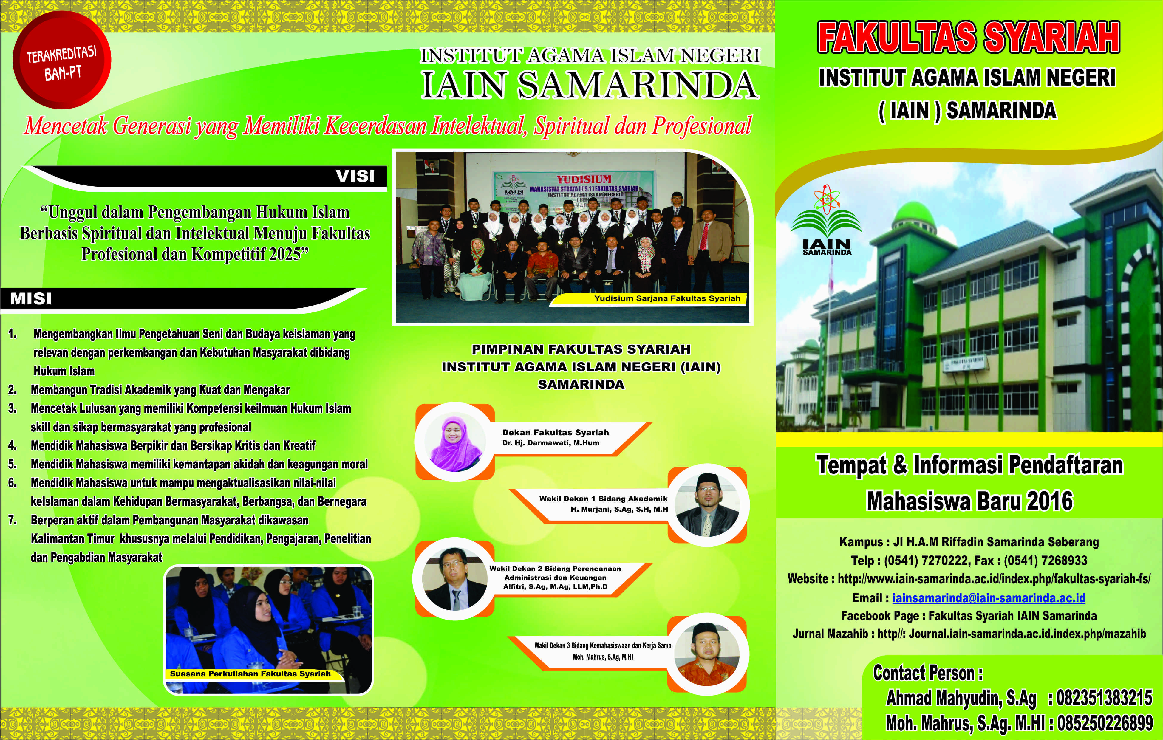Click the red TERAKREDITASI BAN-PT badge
point(62,60)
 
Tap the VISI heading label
point(355,176)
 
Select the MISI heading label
point(31,298)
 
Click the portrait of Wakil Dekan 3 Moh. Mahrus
point(708,654)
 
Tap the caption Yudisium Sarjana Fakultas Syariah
point(667,298)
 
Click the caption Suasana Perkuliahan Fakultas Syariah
point(250,674)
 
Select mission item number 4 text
point(173,445)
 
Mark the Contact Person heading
point(928,673)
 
